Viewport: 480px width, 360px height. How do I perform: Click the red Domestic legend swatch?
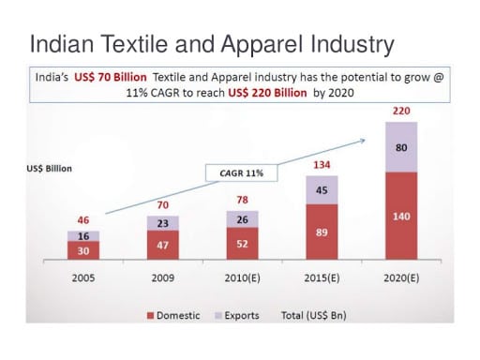point(151,315)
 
